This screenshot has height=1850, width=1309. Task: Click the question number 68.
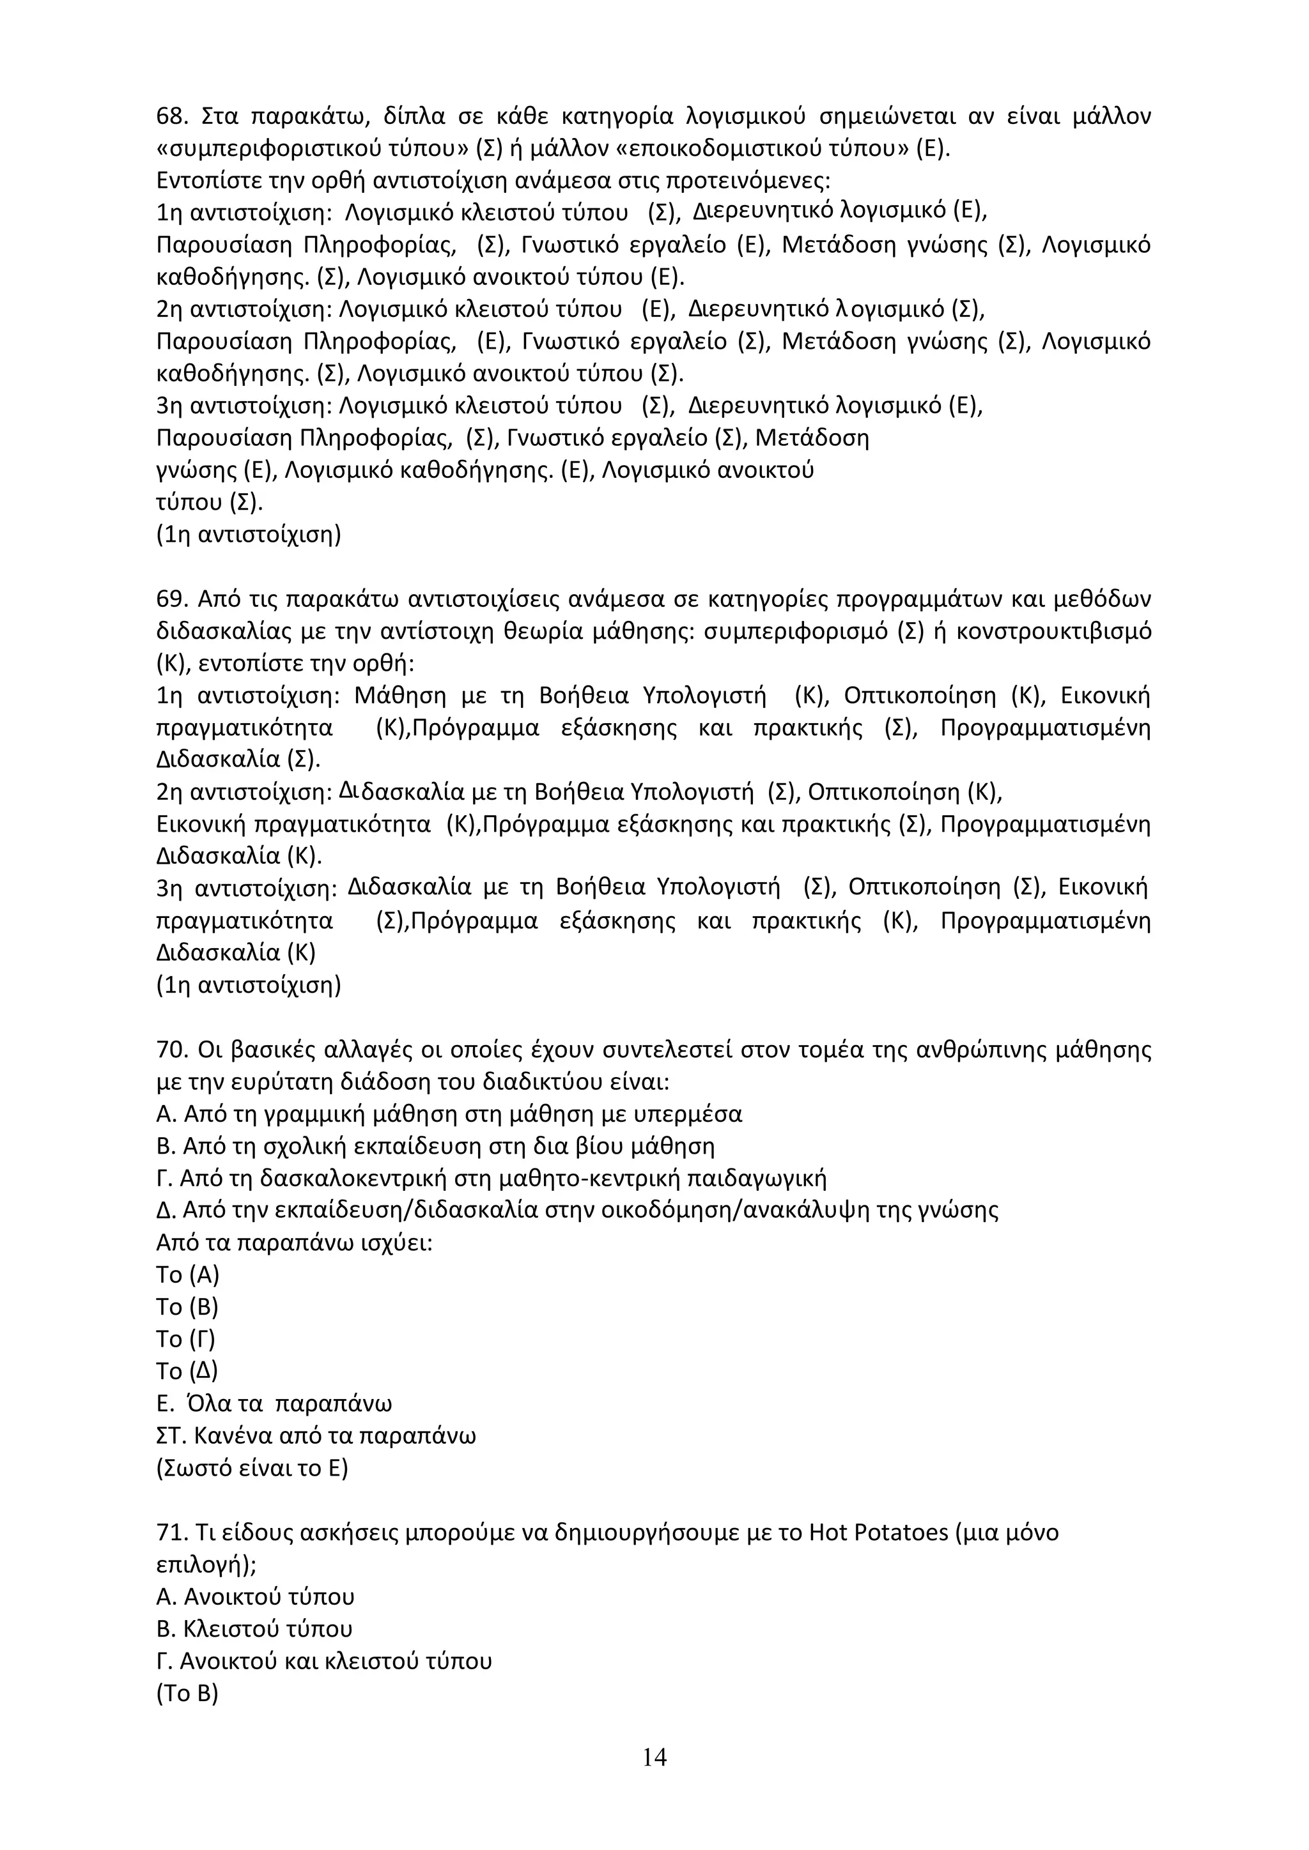(x=171, y=117)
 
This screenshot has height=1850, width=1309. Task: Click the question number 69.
(x=171, y=600)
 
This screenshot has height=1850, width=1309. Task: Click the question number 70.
(x=171, y=1051)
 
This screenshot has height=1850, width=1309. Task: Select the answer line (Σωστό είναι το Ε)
(x=251, y=1468)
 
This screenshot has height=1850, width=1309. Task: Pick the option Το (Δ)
(x=186, y=1372)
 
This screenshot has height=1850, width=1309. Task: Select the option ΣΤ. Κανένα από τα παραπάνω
(x=315, y=1436)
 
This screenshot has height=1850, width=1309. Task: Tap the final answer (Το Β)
(x=187, y=1693)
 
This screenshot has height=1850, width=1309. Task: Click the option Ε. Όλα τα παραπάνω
(x=274, y=1403)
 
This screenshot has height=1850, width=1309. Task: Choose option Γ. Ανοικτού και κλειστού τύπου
(x=323, y=1662)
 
